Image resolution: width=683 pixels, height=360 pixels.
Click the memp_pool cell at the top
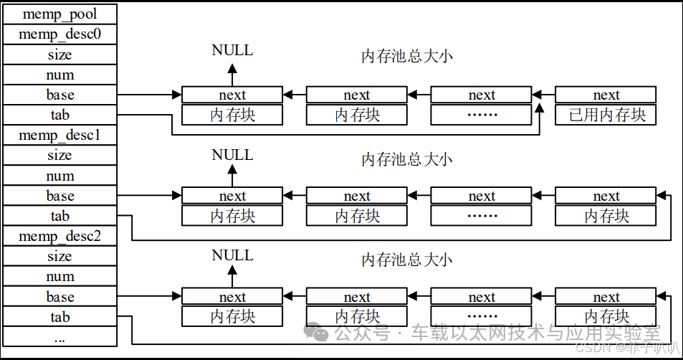click(60, 14)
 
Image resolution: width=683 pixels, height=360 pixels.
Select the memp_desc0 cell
click(60, 34)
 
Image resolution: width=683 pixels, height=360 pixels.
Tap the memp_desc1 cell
click(60, 135)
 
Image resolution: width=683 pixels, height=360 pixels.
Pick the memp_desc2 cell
click(60, 236)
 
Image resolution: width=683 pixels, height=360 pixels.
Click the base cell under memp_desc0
click(60, 95)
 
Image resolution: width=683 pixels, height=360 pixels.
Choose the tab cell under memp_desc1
click(60, 216)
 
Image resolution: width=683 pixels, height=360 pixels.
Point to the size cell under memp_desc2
click(60, 256)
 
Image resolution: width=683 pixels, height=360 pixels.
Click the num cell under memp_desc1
click(60, 176)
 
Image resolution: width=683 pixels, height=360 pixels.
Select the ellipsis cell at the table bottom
click(60, 338)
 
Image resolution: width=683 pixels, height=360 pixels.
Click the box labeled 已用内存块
click(606, 115)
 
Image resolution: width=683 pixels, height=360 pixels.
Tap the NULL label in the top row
click(232, 50)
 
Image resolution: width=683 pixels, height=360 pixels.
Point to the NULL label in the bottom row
click(232, 255)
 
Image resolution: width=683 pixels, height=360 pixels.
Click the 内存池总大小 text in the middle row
click(406, 159)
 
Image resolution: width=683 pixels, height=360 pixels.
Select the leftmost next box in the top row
click(232, 95)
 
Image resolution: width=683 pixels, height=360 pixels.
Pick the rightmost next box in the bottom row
click(606, 297)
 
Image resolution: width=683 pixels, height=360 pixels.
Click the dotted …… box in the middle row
click(481, 216)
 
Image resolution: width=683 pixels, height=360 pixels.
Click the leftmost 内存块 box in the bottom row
click(232, 316)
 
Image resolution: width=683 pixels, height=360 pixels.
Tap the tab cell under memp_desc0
click(60, 115)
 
